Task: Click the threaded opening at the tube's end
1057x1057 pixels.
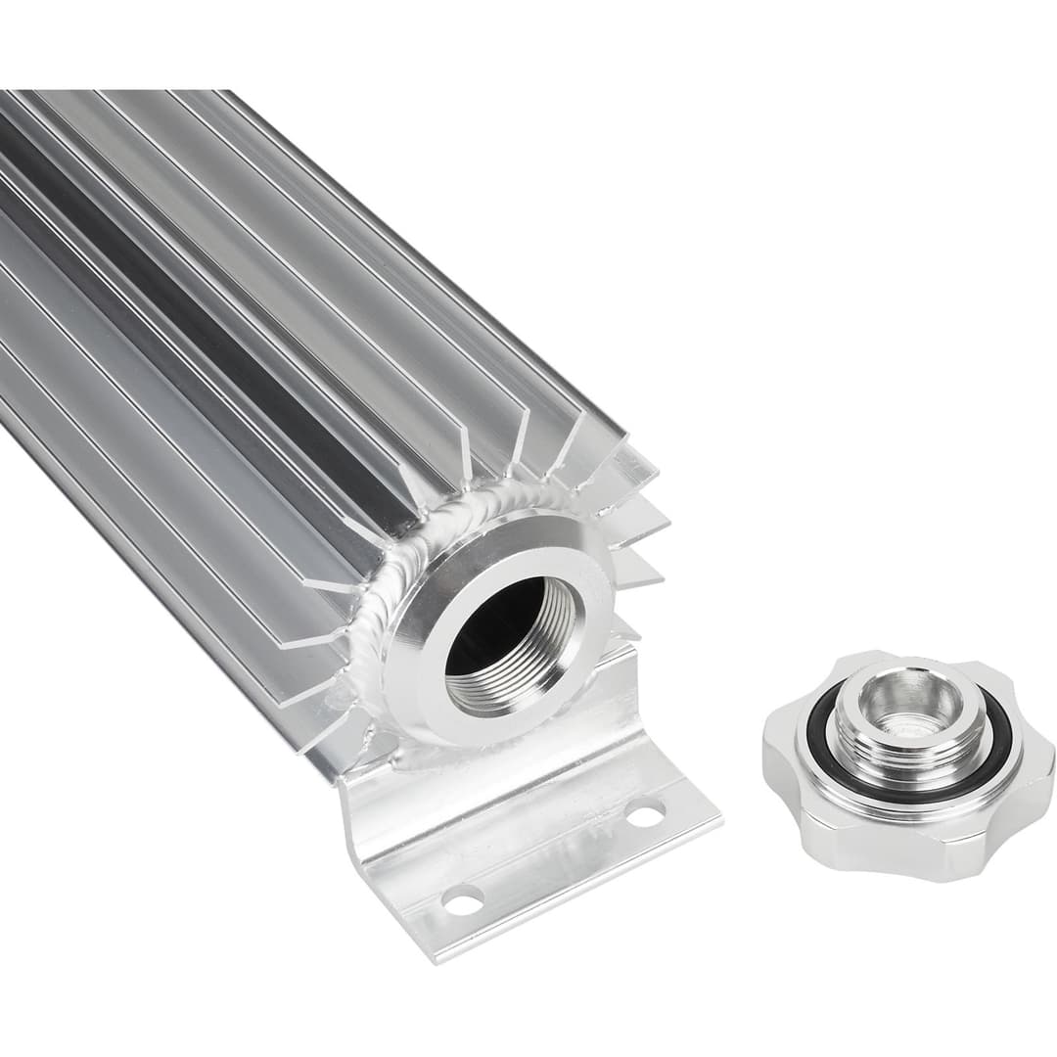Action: coord(509,641)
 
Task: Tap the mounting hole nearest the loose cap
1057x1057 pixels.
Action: coord(645,811)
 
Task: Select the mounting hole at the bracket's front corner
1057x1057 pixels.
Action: coord(462,898)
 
